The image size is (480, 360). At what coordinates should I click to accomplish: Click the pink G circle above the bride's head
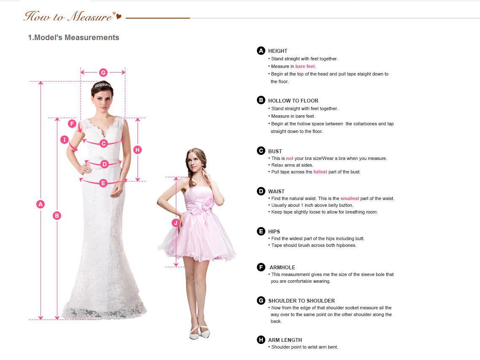(x=103, y=73)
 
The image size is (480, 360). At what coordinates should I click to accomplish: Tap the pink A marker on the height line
(x=40, y=204)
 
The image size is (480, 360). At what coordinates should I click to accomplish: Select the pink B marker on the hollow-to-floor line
(x=57, y=216)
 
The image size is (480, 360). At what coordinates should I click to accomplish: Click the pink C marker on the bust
(x=104, y=143)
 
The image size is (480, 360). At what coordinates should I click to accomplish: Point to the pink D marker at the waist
(x=105, y=164)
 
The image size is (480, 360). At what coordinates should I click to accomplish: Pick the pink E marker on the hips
(x=103, y=183)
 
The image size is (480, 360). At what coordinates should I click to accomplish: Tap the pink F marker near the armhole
(x=72, y=124)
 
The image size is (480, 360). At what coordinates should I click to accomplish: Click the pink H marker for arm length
(x=138, y=150)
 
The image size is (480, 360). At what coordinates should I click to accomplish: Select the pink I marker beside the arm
(x=64, y=140)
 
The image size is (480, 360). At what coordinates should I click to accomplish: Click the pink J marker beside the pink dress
(x=176, y=223)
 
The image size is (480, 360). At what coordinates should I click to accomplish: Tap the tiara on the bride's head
(x=102, y=85)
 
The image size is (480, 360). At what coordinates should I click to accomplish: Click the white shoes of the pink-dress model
(x=200, y=332)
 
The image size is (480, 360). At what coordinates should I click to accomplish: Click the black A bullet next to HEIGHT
(x=261, y=51)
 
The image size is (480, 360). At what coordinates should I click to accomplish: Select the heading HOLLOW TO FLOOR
(x=293, y=101)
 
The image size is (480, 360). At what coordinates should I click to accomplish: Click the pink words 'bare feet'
(x=305, y=66)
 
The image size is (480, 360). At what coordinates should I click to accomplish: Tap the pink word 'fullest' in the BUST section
(x=320, y=172)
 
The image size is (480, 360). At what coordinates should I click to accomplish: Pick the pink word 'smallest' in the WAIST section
(x=350, y=198)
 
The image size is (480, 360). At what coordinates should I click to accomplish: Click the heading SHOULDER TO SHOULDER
(x=302, y=301)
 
